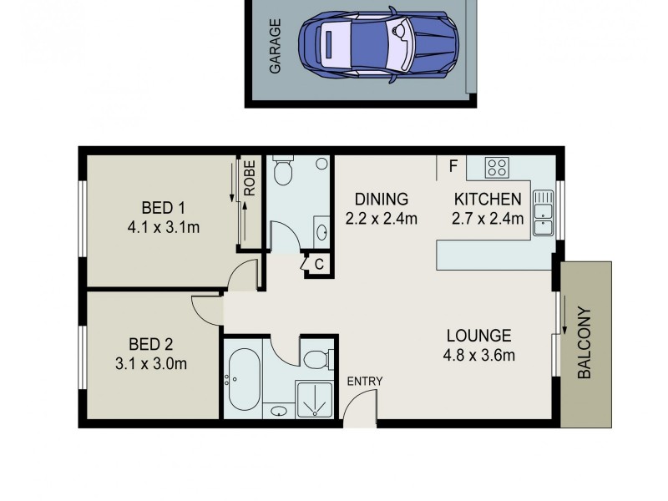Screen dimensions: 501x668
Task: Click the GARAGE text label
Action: [275, 48]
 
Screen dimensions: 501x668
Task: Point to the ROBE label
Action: [250, 178]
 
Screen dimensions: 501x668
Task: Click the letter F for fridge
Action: [453, 166]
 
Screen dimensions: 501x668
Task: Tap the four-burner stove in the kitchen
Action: [497, 167]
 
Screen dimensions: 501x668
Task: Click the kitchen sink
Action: [543, 211]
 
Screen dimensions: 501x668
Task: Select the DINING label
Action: [381, 200]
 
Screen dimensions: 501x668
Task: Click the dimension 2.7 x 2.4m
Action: [488, 220]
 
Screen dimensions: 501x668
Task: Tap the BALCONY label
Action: [585, 343]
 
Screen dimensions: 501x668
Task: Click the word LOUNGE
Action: [478, 337]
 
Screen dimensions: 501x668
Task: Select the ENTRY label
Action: [365, 382]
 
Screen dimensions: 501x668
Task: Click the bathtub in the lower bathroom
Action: [244, 380]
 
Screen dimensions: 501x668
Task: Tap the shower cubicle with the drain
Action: [316, 399]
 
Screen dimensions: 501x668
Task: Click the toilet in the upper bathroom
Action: [282, 170]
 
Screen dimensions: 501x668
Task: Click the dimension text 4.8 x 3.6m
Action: [478, 356]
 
